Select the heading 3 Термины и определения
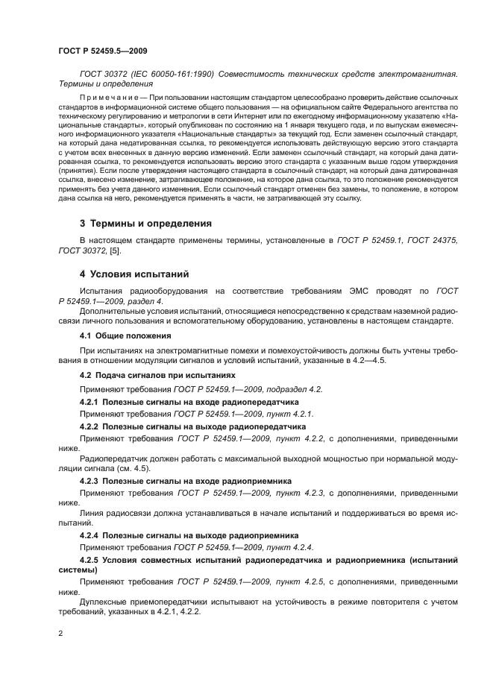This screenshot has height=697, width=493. [145, 223]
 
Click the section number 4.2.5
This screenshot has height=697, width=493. [90, 559]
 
